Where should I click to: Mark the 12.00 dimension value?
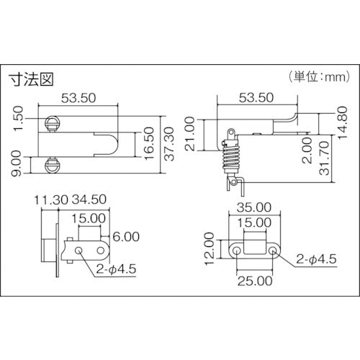(208, 248)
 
